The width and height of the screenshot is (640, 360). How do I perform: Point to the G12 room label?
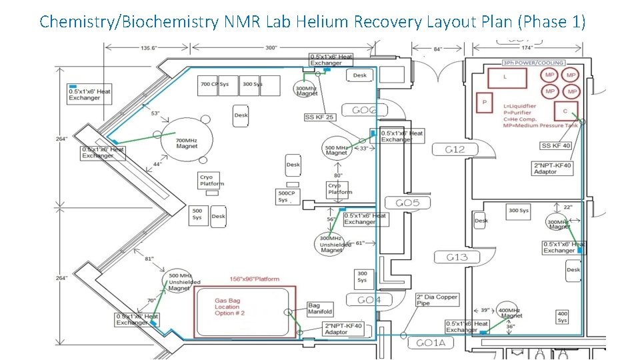click(x=455, y=149)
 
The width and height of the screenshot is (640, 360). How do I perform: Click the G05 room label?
click(x=407, y=203)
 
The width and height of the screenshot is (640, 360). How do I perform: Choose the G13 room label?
click(x=457, y=257)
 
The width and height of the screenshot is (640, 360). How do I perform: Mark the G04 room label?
click(x=369, y=300)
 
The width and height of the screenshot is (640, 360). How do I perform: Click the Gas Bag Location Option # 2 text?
click(x=229, y=307)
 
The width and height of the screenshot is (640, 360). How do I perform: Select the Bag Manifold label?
click(x=320, y=309)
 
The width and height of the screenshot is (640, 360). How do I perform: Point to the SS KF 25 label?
click(x=319, y=117)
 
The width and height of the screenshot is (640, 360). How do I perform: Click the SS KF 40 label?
click(x=556, y=145)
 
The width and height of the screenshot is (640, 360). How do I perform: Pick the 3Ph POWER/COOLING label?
click(x=533, y=63)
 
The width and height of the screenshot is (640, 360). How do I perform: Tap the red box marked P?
click(x=485, y=103)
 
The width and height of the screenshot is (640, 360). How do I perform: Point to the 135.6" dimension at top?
click(x=149, y=48)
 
